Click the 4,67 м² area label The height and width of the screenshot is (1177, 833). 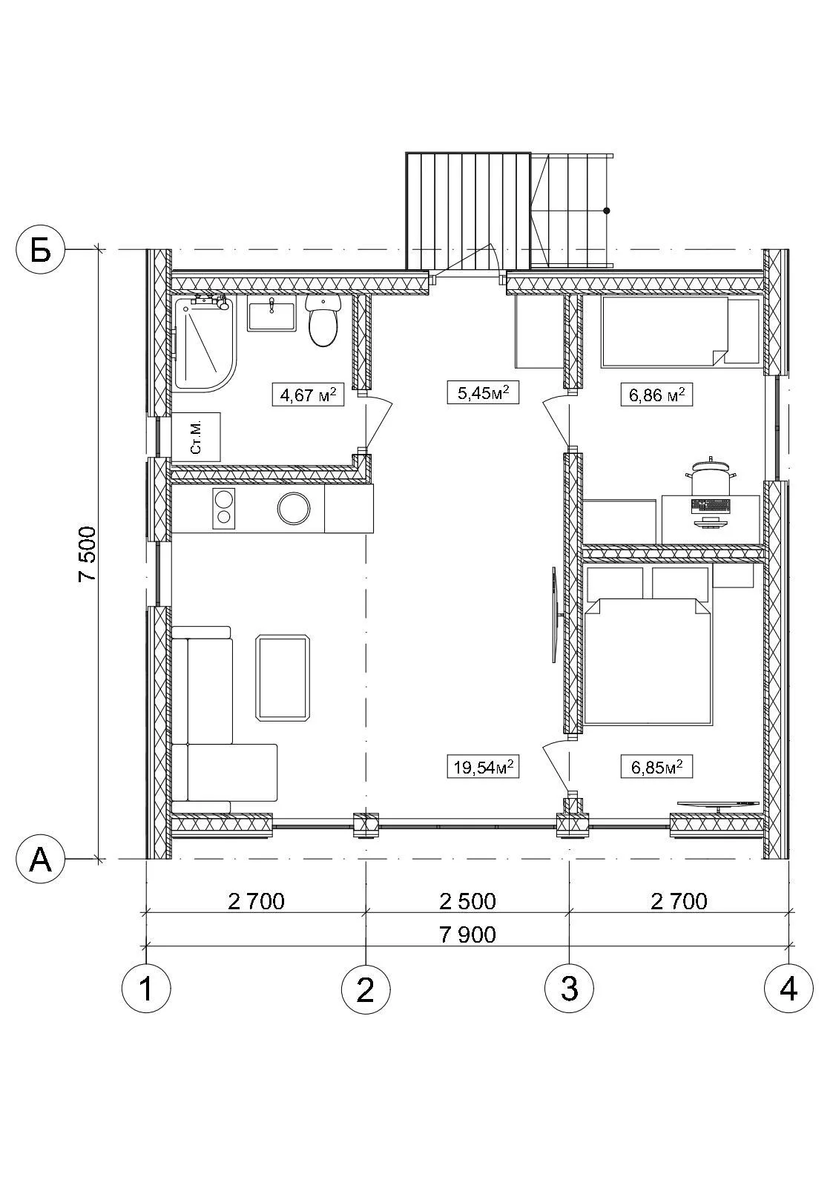(x=308, y=395)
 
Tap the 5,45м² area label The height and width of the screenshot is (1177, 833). (x=483, y=392)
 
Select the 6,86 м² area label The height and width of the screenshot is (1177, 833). (x=656, y=395)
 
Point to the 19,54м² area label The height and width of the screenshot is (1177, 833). (x=483, y=767)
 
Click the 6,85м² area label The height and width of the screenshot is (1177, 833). (x=656, y=767)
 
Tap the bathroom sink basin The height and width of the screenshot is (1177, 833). (x=271, y=314)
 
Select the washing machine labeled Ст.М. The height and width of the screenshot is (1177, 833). (x=196, y=437)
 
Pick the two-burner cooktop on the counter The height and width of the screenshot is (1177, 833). (x=224, y=508)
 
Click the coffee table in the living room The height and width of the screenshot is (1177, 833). (x=282, y=678)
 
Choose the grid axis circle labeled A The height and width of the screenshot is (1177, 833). (x=41, y=859)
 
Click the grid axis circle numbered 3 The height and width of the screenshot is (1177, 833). (x=570, y=989)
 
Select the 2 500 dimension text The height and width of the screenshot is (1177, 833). (x=467, y=901)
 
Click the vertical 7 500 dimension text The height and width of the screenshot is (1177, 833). (x=88, y=554)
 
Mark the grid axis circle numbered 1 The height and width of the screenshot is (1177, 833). (x=146, y=989)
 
